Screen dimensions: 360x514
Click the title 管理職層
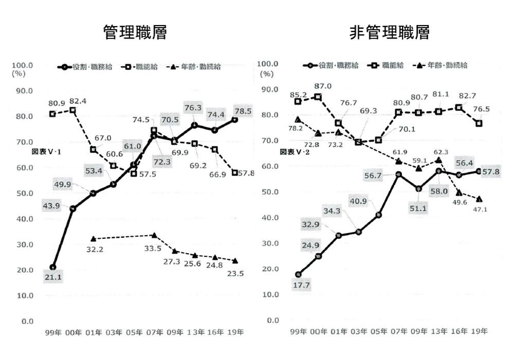[x=135, y=33]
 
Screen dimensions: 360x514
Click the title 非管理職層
[x=389, y=33]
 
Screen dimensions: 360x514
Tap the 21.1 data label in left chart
[x=52, y=278]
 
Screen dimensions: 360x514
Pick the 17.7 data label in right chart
[x=298, y=285]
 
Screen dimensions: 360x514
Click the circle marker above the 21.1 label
[x=53, y=267]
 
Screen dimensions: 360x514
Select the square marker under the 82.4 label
[x=72, y=110]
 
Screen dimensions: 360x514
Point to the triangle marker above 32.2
[x=93, y=239]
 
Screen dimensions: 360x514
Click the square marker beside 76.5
[x=479, y=123]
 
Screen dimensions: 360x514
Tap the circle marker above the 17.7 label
[x=298, y=274]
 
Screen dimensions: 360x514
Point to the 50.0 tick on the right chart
[x=270, y=192]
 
